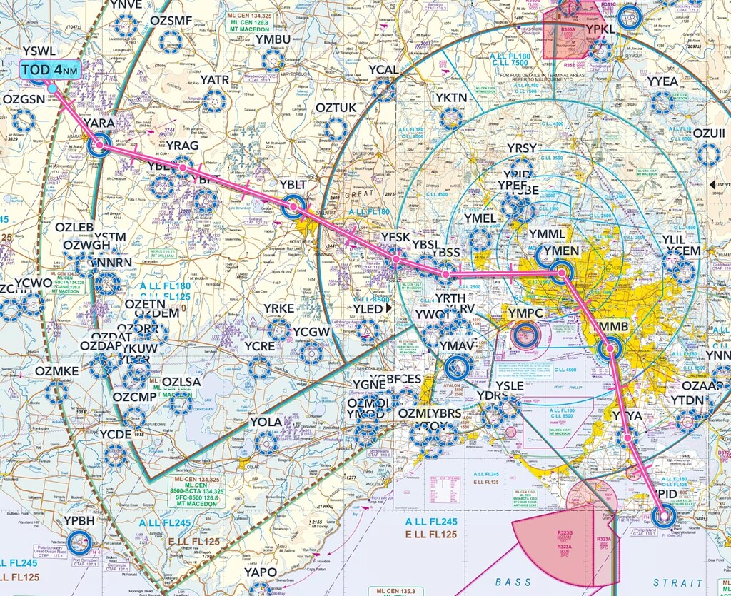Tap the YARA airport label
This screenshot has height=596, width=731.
tap(99, 123)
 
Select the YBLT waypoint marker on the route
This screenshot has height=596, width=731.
tap(293, 208)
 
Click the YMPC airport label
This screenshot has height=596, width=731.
tap(526, 313)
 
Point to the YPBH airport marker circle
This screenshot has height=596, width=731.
tap(80, 542)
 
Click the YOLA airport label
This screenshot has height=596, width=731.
tap(266, 422)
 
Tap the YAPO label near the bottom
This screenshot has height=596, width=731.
tap(260, 572)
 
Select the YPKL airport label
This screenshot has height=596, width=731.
tap(600, 29)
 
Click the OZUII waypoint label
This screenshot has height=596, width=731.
tap(708, 133)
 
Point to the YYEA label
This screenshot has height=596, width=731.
tap(662, 81)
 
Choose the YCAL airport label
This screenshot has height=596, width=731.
tap(383, 70)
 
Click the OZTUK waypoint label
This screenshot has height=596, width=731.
tap(335, 108)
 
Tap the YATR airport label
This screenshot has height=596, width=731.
tap(214, 80)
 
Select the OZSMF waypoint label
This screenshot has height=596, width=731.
tap(171, 21)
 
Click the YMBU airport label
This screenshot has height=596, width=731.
tap(273, 39)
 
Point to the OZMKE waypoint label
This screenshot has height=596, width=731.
tap(56, 371)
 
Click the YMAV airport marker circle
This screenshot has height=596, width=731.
tap(458, 368)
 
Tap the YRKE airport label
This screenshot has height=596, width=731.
tap(278, 308)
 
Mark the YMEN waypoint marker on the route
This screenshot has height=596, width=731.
tap(561, 272)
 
